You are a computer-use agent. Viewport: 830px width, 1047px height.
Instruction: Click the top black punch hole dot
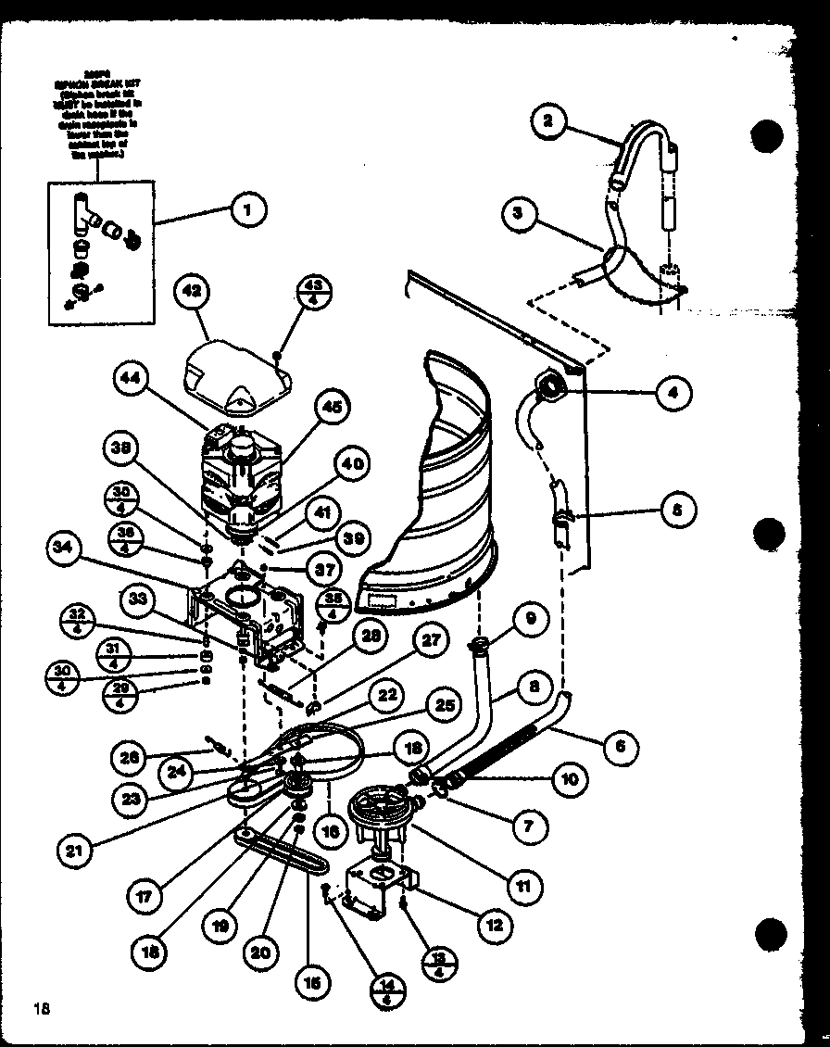[768, 136]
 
